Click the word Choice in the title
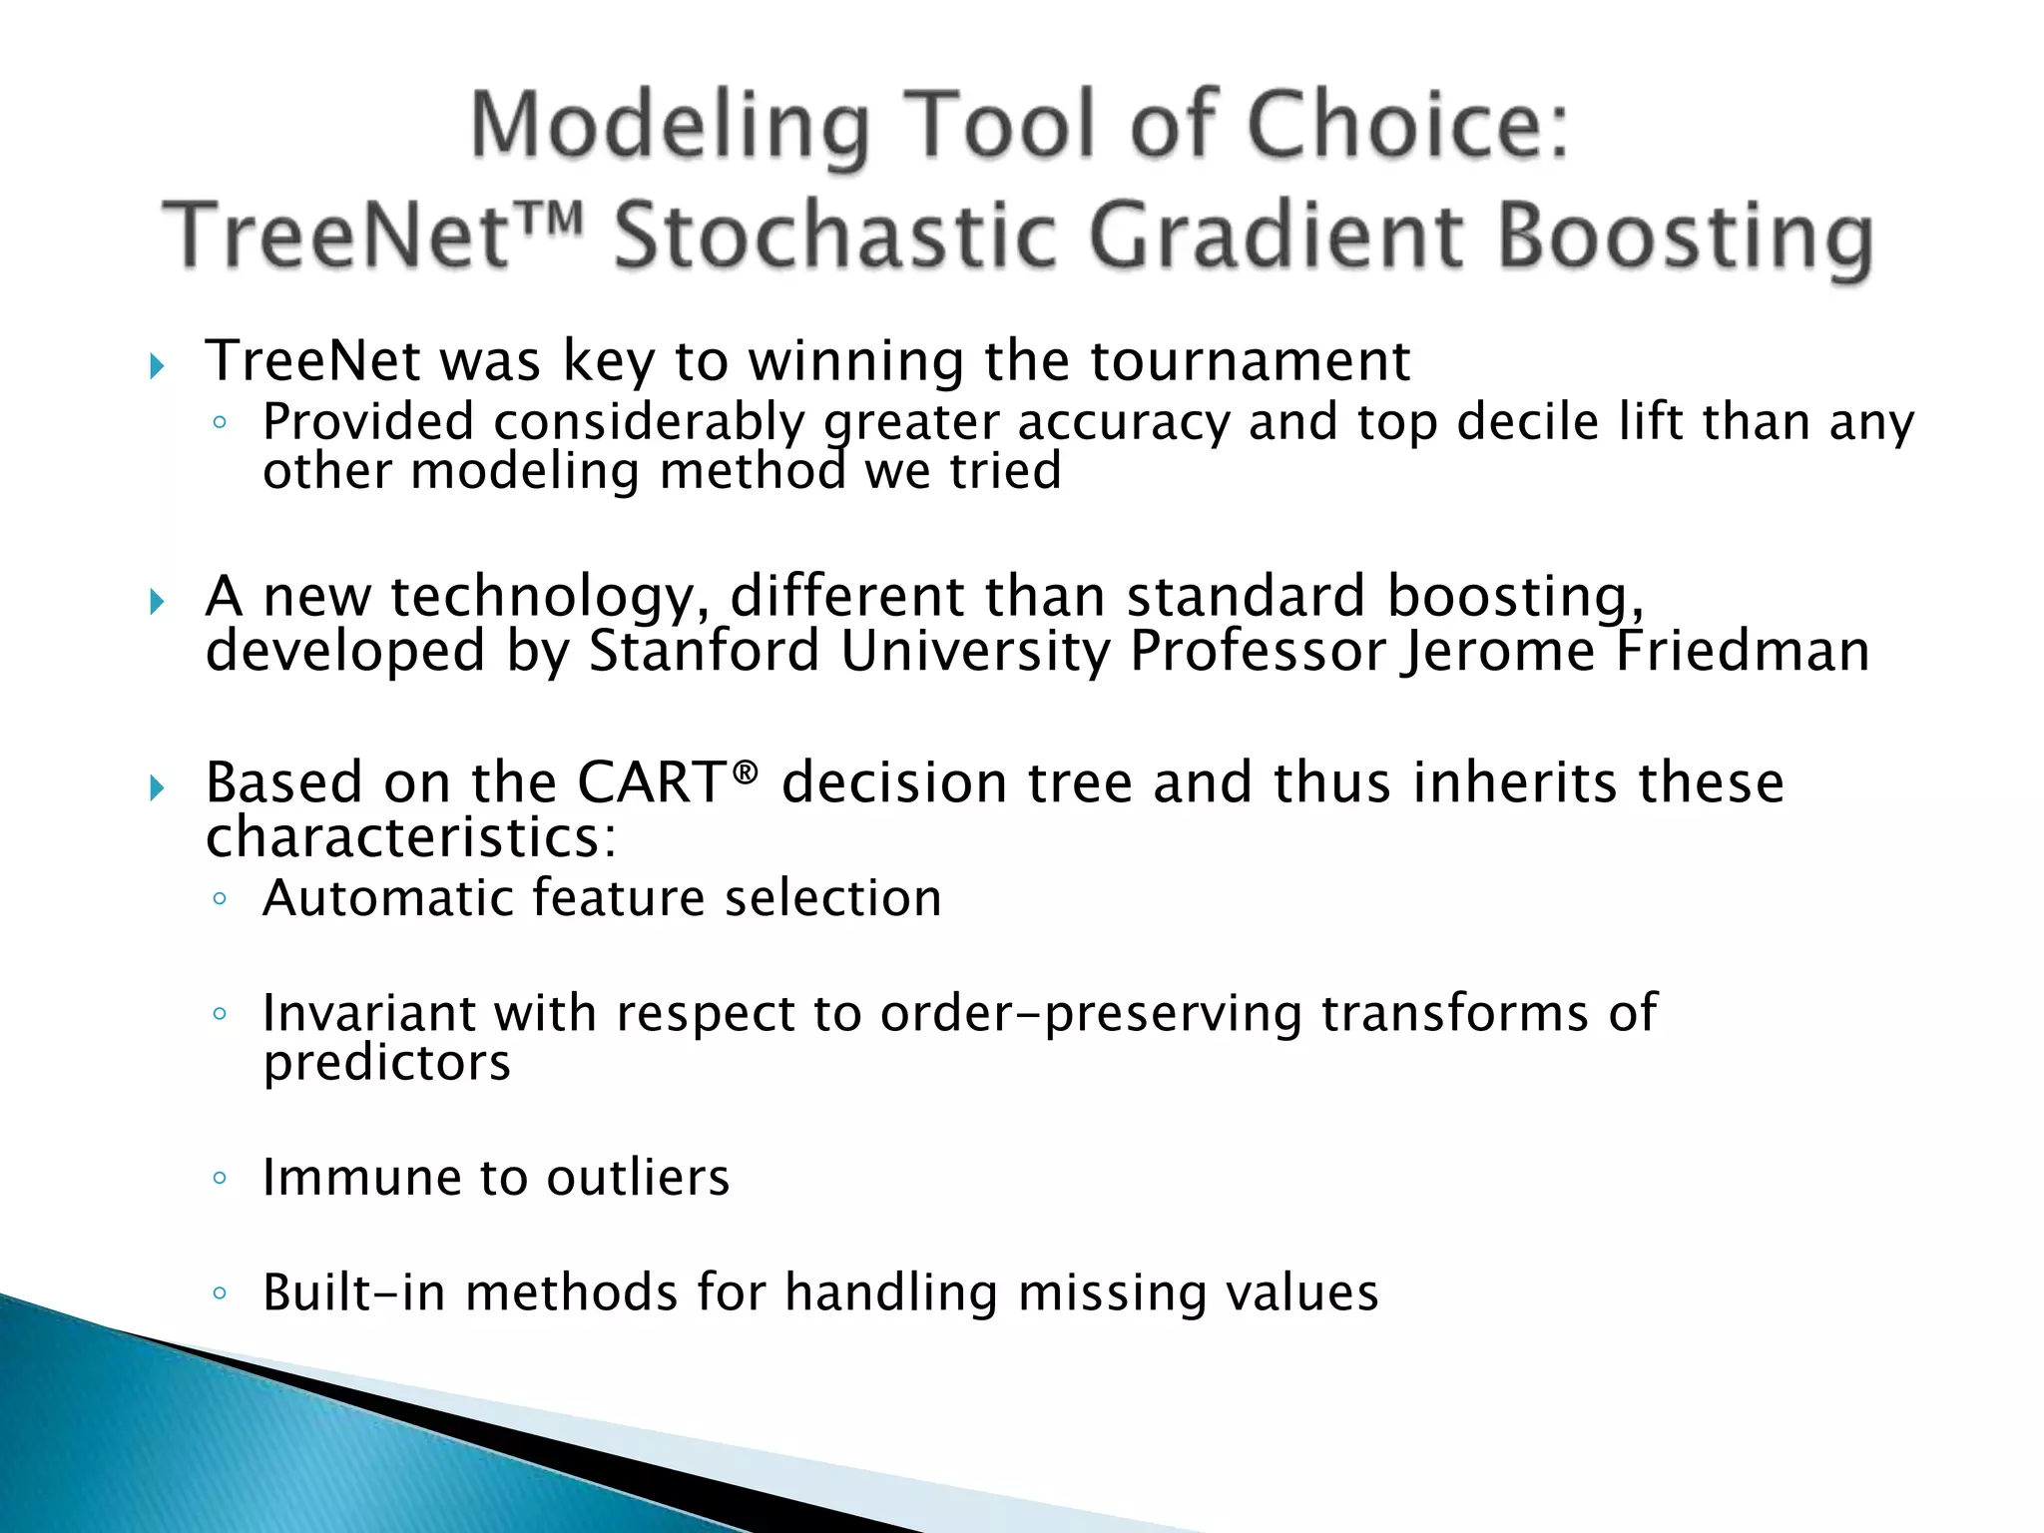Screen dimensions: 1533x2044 pyautogui.click(x=1407, y=128)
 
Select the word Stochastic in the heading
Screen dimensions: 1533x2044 pyautogui.click(x=834, y=238)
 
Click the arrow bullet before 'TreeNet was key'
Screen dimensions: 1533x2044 pyautogui.click(x=157, y=366)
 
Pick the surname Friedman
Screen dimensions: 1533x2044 pyautogui.click(x=1743, y=652)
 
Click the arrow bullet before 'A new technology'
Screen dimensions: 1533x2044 pyautogui.click(x=157, y=602)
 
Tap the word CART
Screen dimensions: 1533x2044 pyautogui.click(x=654, y=782)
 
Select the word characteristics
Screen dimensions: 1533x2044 pyautogui.click(x=410, y=838)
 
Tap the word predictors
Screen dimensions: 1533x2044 pyautogui.click(x=387, y=1064)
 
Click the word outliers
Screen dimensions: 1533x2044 pyautogui.click(x=638, y=1178)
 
